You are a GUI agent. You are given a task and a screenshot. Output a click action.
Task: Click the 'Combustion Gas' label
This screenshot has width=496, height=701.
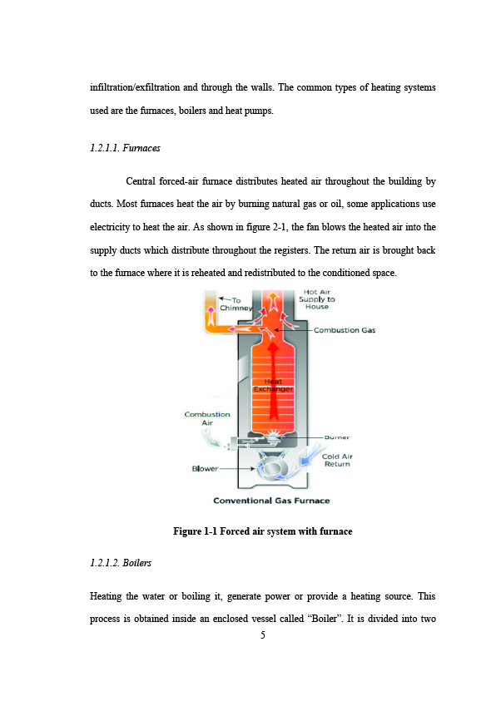click(x=345, y=330)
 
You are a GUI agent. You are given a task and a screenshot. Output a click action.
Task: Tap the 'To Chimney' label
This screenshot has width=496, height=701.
click(x=236, y=304)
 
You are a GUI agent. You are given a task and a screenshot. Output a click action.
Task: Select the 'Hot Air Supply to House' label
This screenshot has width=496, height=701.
click(x=316, y=299)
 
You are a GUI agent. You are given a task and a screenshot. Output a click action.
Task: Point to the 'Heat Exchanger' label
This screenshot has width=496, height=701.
click(x=273, y=385)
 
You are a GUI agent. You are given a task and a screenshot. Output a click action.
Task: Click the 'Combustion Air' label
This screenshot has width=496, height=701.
click(x=207, y=418)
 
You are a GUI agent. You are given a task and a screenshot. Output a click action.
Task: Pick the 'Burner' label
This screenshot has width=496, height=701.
click(x=337, y=437)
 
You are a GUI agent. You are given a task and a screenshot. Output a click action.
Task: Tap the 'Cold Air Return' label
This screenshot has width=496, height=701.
click(x=337, y=460)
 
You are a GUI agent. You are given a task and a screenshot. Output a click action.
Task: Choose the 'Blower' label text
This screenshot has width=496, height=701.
click(x=205, y=468)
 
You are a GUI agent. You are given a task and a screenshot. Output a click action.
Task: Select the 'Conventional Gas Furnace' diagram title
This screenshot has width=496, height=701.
click(x=271, y=501)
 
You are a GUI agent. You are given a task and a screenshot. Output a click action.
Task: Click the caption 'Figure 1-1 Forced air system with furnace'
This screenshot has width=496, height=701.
click(x=262, y=531)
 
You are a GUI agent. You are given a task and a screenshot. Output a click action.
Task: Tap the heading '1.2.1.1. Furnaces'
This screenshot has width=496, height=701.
click(x=125, y=148)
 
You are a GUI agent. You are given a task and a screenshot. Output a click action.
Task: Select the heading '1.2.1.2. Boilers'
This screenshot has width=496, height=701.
click(x=121, y=562)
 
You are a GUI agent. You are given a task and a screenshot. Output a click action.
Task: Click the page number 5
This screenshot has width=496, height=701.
click(x=262, y=634)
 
